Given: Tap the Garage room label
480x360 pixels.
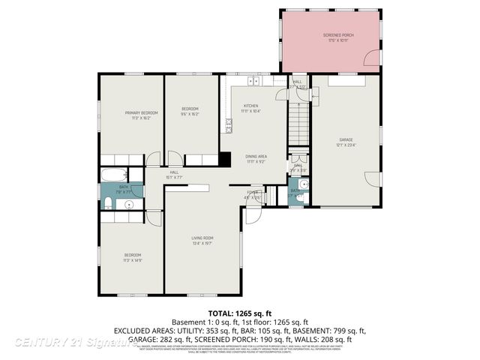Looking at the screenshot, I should click(345, 142).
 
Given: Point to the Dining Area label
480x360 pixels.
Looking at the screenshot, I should click(256, 158).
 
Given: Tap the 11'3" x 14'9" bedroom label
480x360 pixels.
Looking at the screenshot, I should click(132, 258).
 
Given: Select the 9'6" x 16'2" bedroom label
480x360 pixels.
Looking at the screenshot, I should click(189, 112).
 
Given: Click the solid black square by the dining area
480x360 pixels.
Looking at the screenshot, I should click(224, 160).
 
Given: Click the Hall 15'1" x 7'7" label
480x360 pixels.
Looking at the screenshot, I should click(174, 175).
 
